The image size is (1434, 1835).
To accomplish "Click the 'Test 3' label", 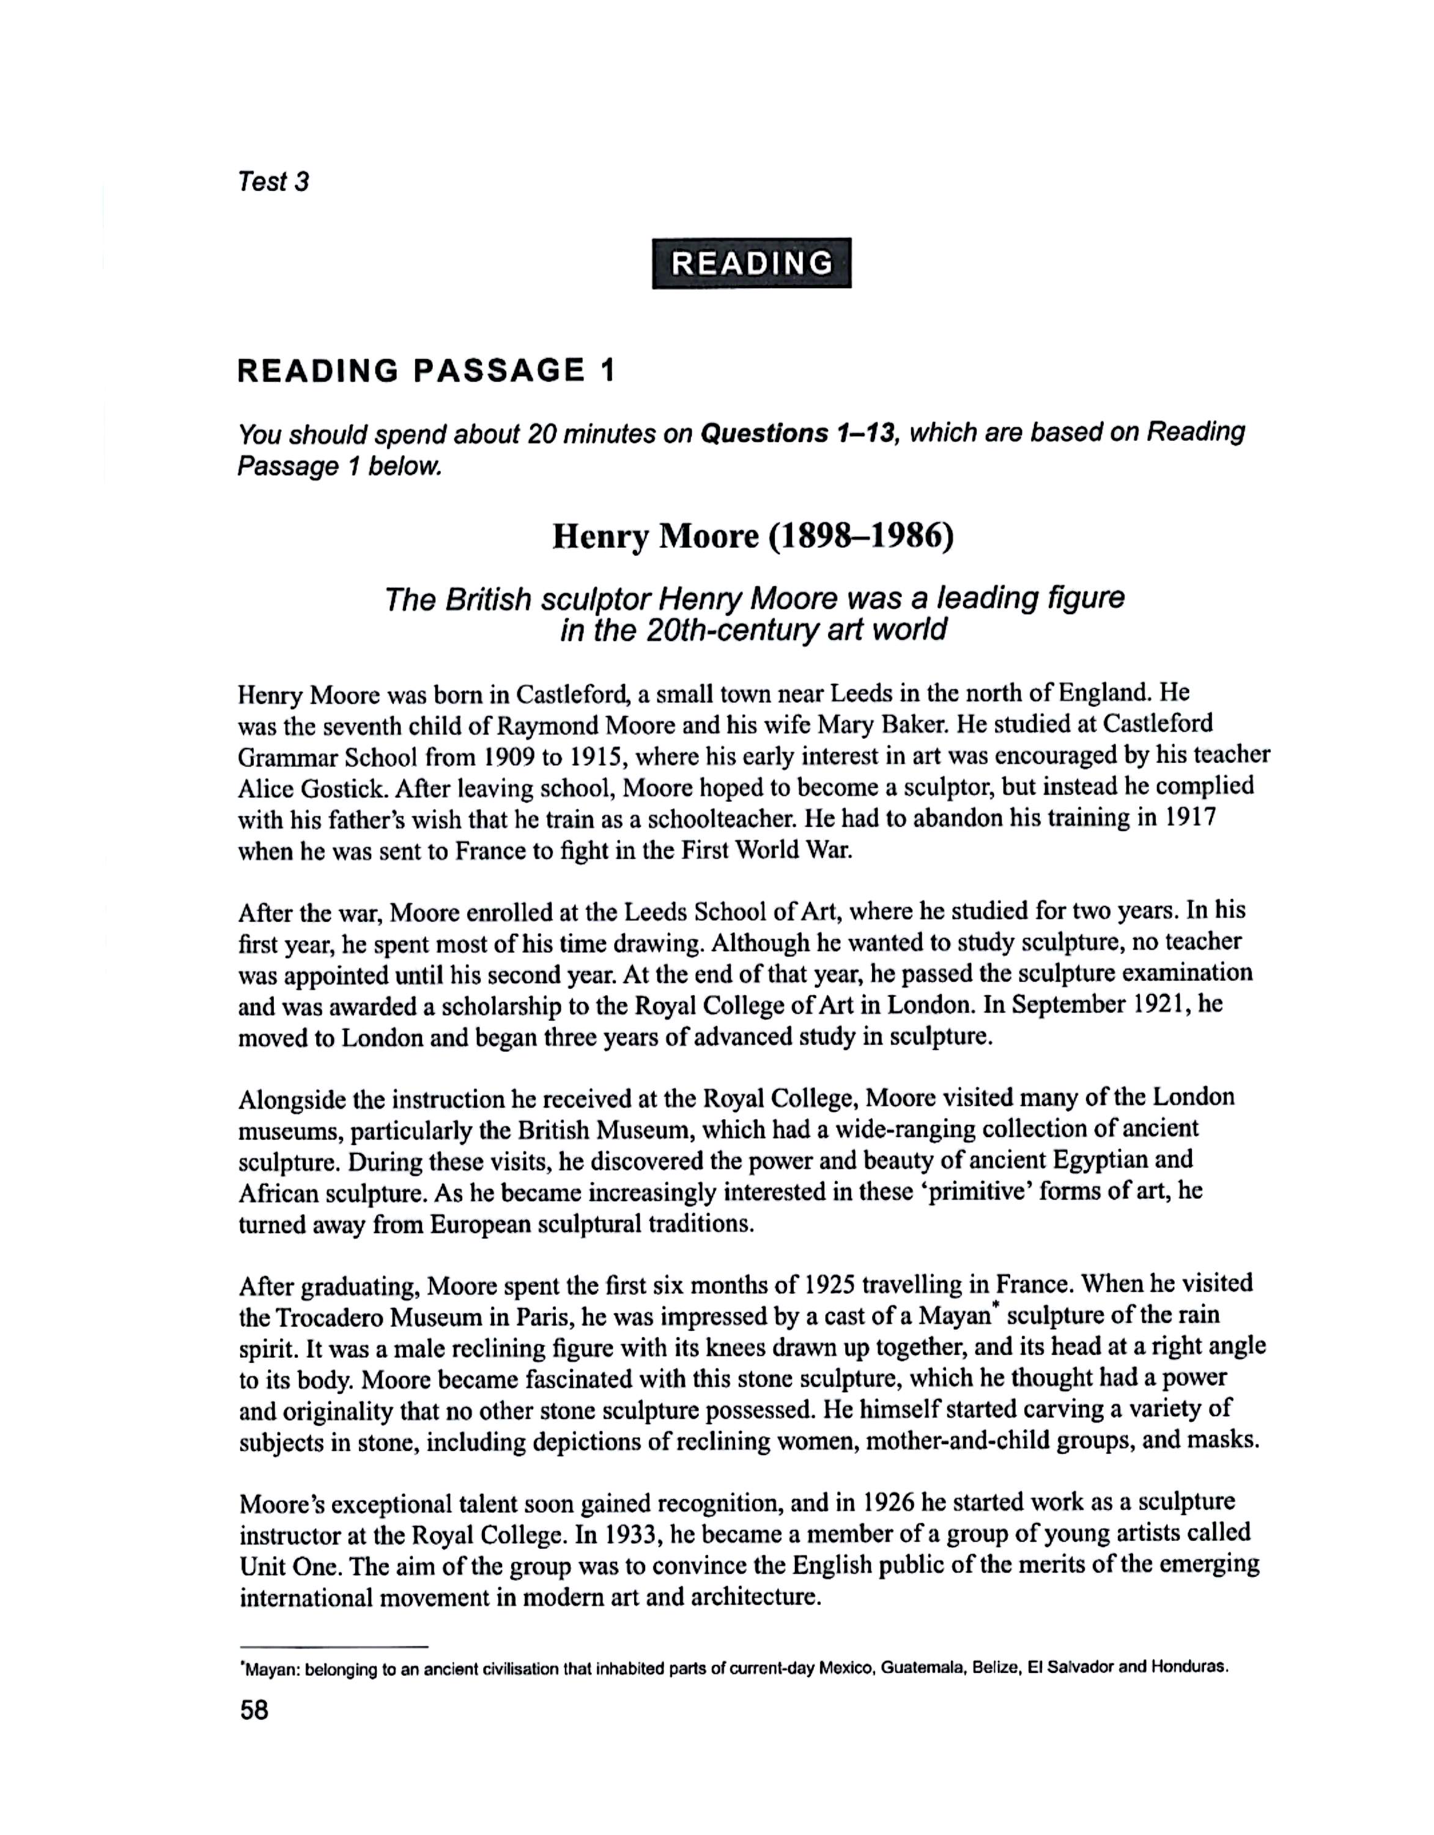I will pos(273,182).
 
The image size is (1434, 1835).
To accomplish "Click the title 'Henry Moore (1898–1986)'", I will pos(753,536).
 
